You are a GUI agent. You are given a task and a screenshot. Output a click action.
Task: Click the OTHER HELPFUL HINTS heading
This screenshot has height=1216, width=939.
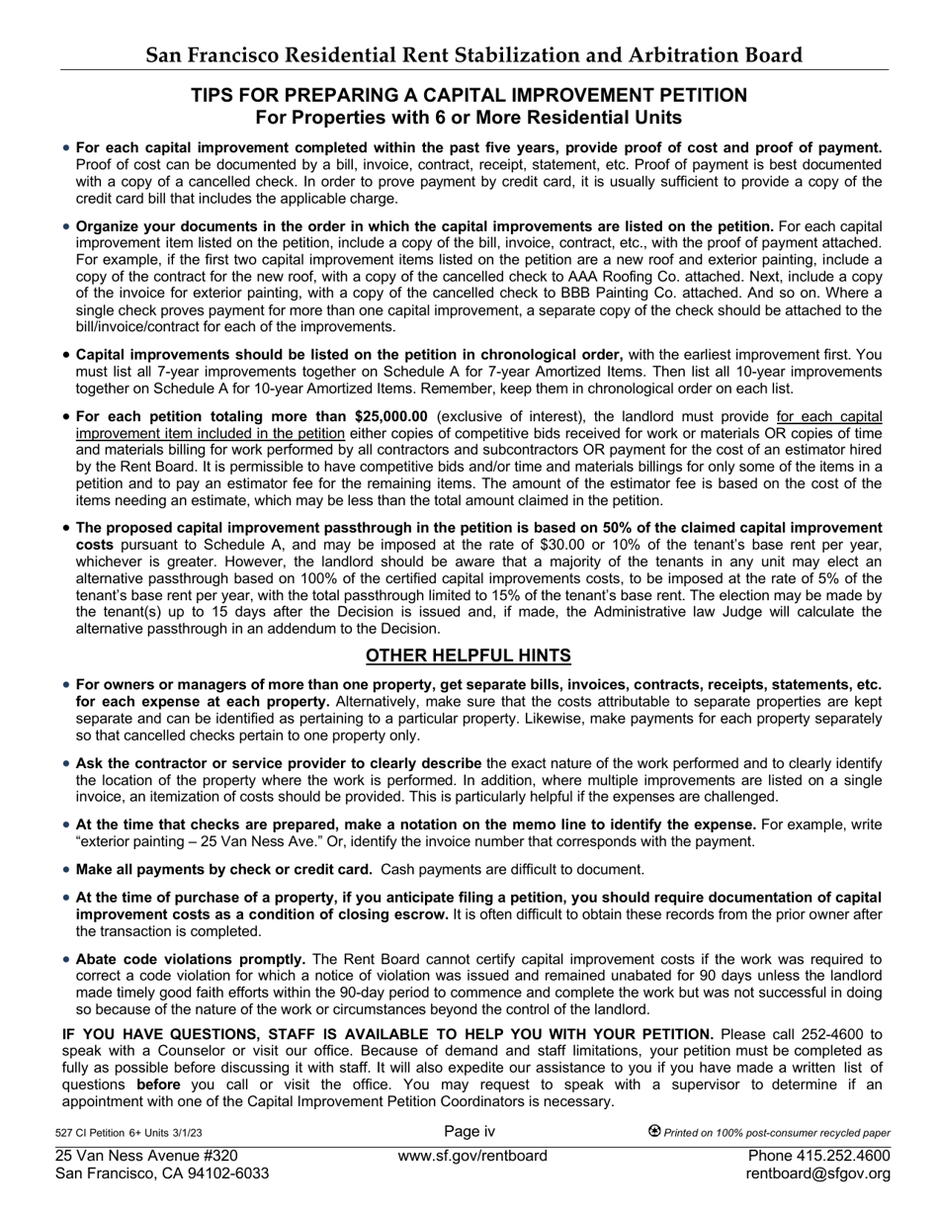tap(469, 655)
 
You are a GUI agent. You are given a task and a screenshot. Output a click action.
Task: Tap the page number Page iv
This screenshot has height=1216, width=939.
tap(469, 1132)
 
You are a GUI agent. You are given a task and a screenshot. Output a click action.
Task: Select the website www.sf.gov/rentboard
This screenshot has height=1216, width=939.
tap(472, 1156)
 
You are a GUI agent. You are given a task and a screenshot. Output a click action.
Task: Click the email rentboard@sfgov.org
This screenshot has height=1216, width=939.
tap(818, 1173)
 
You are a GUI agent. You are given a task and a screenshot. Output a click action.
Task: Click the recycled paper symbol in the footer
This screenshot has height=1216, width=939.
tap(654, 1132)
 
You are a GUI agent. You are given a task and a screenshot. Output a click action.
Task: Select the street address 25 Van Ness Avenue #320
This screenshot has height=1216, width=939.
tap(146, 1156)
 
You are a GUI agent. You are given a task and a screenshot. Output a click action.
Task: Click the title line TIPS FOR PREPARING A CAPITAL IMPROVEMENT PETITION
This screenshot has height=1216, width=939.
tap(469, 96)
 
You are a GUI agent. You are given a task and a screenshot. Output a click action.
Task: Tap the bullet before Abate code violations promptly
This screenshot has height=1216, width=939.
tap(66, 959)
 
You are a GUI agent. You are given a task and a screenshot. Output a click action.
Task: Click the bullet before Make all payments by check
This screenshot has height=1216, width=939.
tap(66, 870)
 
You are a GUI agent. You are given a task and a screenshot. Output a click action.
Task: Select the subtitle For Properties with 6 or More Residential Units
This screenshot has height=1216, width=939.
tap(469, 118)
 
